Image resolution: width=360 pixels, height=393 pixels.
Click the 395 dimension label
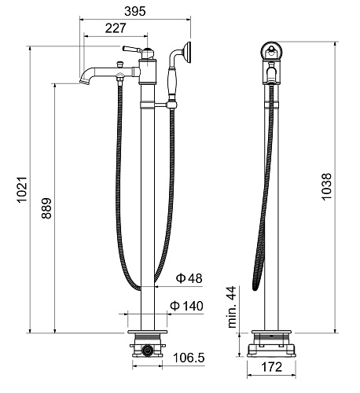point(135,11)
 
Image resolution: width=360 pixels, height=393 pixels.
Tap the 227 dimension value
point(116,28)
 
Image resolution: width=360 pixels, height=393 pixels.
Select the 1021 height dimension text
point(22,189)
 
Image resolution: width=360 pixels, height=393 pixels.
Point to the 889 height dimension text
point(46,208)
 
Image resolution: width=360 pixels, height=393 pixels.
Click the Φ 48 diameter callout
point(189,278)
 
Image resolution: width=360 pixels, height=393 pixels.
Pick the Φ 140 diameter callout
point(186,306)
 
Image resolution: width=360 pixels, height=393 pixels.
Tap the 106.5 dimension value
point(189,358)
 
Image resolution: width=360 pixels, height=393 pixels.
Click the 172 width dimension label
point(272,367)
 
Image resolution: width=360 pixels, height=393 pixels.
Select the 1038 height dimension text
point(327,187)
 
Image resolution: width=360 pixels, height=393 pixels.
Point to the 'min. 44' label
point(232,307)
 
